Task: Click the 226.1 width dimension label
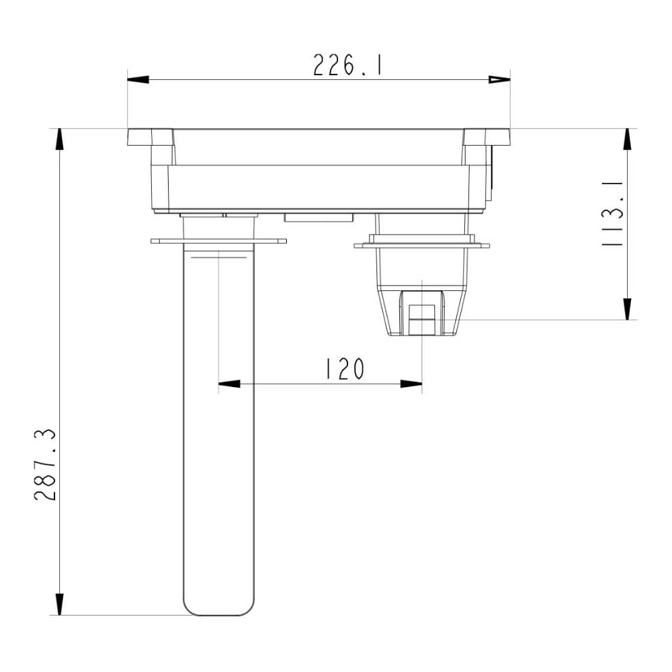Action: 347,65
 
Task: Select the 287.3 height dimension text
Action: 45,464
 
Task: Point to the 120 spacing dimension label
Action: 345,369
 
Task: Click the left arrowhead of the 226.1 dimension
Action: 138,80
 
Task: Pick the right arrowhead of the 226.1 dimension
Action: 499,80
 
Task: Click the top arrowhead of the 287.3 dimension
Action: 60,139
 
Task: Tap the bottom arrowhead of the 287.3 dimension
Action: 60,604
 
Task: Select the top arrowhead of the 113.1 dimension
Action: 628,139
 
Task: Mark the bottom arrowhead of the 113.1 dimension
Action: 628,309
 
